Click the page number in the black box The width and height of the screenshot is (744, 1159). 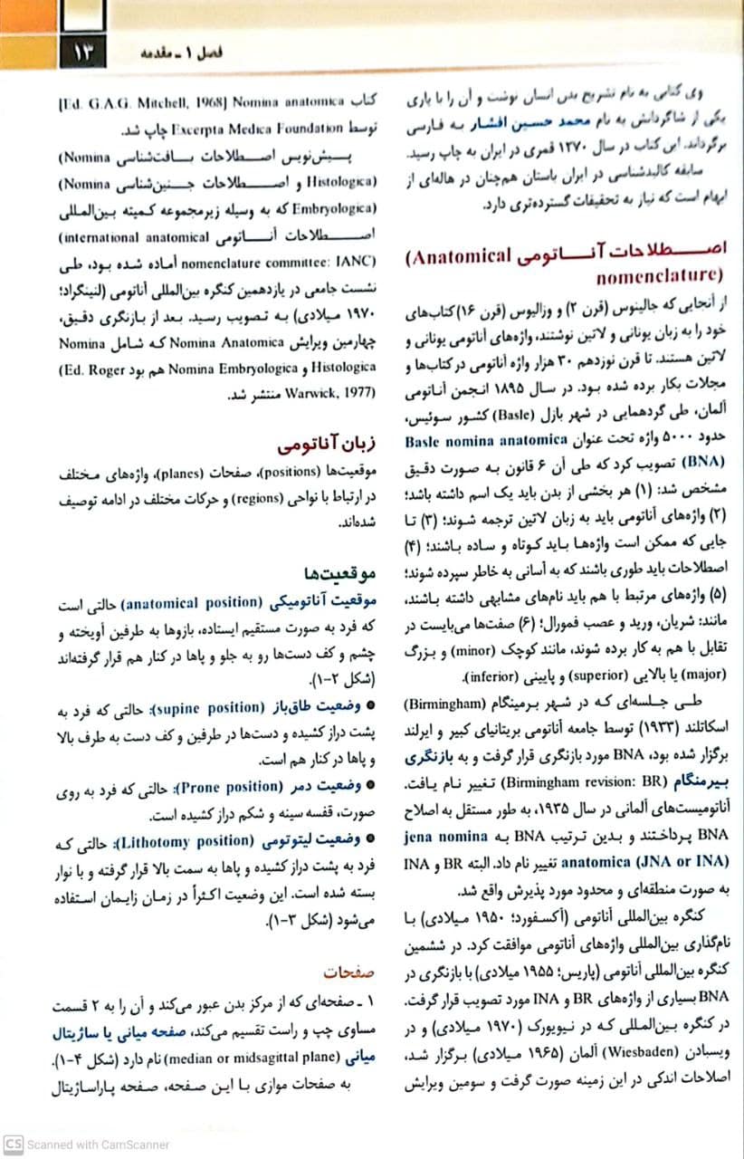point(82,52)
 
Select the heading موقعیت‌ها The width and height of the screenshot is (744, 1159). point(337,574)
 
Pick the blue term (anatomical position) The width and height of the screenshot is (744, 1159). point(191,602)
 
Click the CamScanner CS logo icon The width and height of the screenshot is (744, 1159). point(13,1144)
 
